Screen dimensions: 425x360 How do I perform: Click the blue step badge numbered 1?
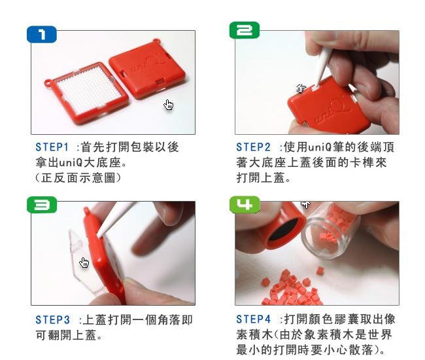pos(42,35)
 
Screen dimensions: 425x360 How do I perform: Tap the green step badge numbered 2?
pos(245,30)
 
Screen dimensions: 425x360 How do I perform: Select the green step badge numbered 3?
pos(42,205)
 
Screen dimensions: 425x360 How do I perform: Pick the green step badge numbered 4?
pos(245,204)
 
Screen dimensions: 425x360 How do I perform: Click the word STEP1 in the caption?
pos(52,147)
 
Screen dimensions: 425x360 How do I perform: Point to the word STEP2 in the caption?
pos(254,147)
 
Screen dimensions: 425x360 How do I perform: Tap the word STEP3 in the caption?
pos(53,319)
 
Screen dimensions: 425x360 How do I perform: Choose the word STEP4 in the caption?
pos(254,319)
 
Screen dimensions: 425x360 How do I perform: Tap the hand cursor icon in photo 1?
pos(168,105)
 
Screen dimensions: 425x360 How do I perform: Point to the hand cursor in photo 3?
pos(84,262)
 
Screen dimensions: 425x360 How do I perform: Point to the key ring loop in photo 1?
pos(49,82)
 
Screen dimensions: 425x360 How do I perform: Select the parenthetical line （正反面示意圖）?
pos(78,178)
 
